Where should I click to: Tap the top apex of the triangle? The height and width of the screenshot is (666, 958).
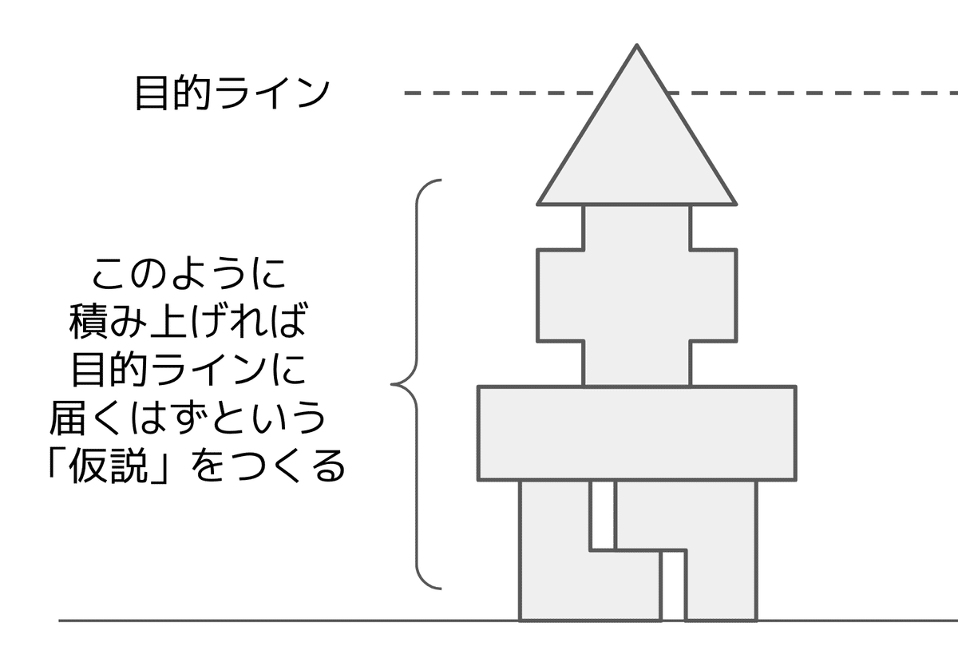636,46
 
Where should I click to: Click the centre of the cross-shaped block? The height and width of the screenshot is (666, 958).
636,295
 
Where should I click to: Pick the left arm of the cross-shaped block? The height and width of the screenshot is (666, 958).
560,295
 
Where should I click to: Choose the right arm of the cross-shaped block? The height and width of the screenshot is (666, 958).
713,295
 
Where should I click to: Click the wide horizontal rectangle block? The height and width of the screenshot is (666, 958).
636,433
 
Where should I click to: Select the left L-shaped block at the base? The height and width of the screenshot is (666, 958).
555,559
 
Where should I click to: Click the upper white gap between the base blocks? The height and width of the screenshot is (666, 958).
602,514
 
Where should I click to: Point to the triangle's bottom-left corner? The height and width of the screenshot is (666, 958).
540,203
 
